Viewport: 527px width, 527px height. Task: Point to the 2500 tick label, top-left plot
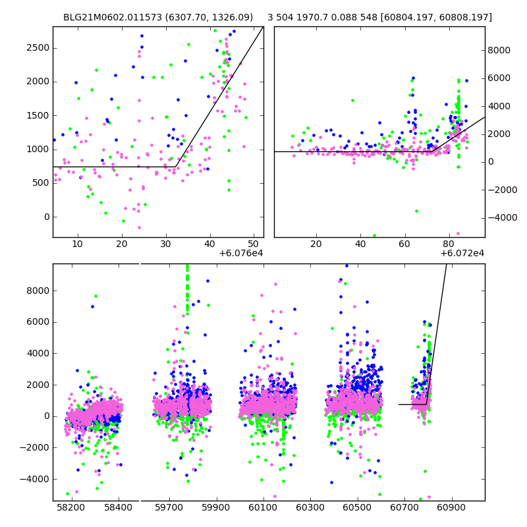(x=38, y=48)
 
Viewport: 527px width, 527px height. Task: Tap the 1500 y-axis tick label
(x=38, y=116)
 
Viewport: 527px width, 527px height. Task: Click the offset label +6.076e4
(x=240, y=254)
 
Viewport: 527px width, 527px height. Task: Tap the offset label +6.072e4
(x=462, y=254)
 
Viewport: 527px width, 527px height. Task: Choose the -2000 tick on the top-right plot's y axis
(x=501, y=190)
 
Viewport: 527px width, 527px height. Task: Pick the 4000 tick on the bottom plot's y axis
(x=38, y=353)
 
